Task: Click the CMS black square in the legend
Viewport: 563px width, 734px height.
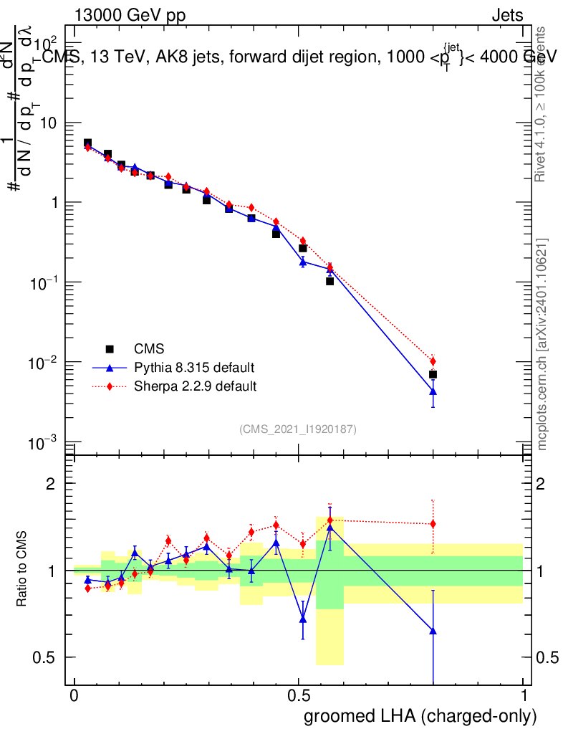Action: (110, 349)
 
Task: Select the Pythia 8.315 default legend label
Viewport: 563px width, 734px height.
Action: (194, 368)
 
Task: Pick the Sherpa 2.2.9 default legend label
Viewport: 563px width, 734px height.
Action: (196, 386)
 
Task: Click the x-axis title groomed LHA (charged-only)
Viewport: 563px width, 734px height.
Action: (421, 715)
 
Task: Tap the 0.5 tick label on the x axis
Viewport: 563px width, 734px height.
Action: (299, 696)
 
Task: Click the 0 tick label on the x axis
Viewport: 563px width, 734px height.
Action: (74, 696)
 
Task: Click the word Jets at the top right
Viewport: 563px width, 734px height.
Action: (507, 16)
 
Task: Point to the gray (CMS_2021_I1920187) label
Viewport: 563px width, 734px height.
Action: (298, 429)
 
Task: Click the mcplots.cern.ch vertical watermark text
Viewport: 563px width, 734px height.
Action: (542, 344)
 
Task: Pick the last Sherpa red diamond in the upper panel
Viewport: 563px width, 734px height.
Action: (433, 361)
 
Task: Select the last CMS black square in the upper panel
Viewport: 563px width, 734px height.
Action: (433, 375)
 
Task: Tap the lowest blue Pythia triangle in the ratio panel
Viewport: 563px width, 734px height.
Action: (433, 631)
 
